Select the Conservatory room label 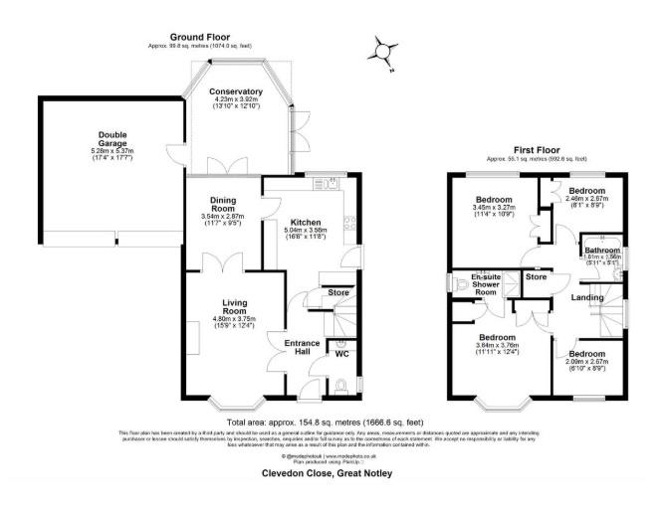click(x=235, y=91)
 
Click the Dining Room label click(x=222, y=204)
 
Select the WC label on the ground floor click(x=341, y=354)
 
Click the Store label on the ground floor click(x=338, y=292)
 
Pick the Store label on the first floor click(x=536, y=277)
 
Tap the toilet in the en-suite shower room click(x=460, y=285)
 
